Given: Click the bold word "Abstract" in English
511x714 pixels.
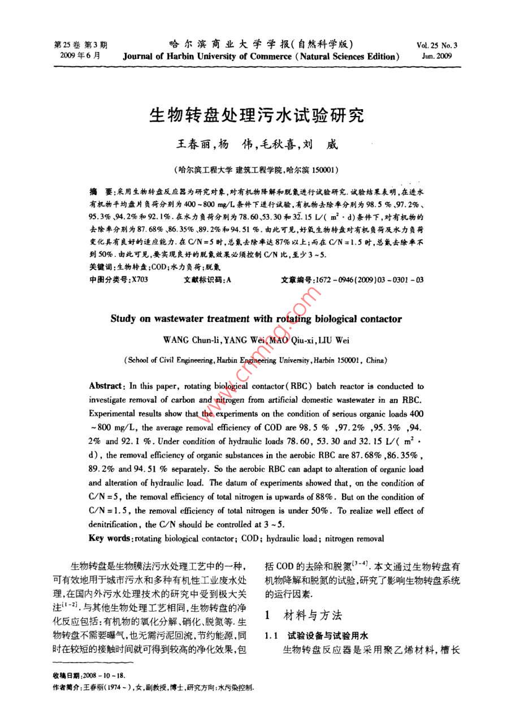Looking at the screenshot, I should pyautogui.click(x=107, y=386).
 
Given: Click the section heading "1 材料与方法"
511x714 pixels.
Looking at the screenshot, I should pyautogui.click(x=303, y=616).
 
